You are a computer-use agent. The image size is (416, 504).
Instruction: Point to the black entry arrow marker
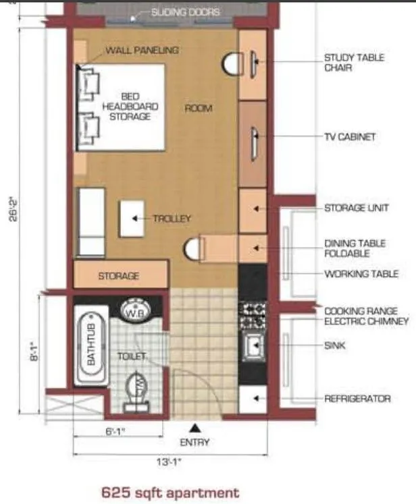point(194,428)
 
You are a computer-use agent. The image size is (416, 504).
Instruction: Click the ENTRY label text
point(194,443)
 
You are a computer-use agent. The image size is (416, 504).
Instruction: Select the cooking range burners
point(253,311)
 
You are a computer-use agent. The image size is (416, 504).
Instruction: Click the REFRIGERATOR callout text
point(357,399)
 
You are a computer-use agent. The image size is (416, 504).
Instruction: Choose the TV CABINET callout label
point(349,137)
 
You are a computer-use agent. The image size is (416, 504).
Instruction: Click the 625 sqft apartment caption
point(170,493)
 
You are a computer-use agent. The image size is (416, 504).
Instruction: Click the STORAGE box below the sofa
point(120,276)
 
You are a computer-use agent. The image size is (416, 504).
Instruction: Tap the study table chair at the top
point(232,63)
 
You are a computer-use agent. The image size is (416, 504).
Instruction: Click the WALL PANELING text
point(142,51)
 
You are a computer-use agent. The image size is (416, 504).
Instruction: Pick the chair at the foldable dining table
point(193,248)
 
